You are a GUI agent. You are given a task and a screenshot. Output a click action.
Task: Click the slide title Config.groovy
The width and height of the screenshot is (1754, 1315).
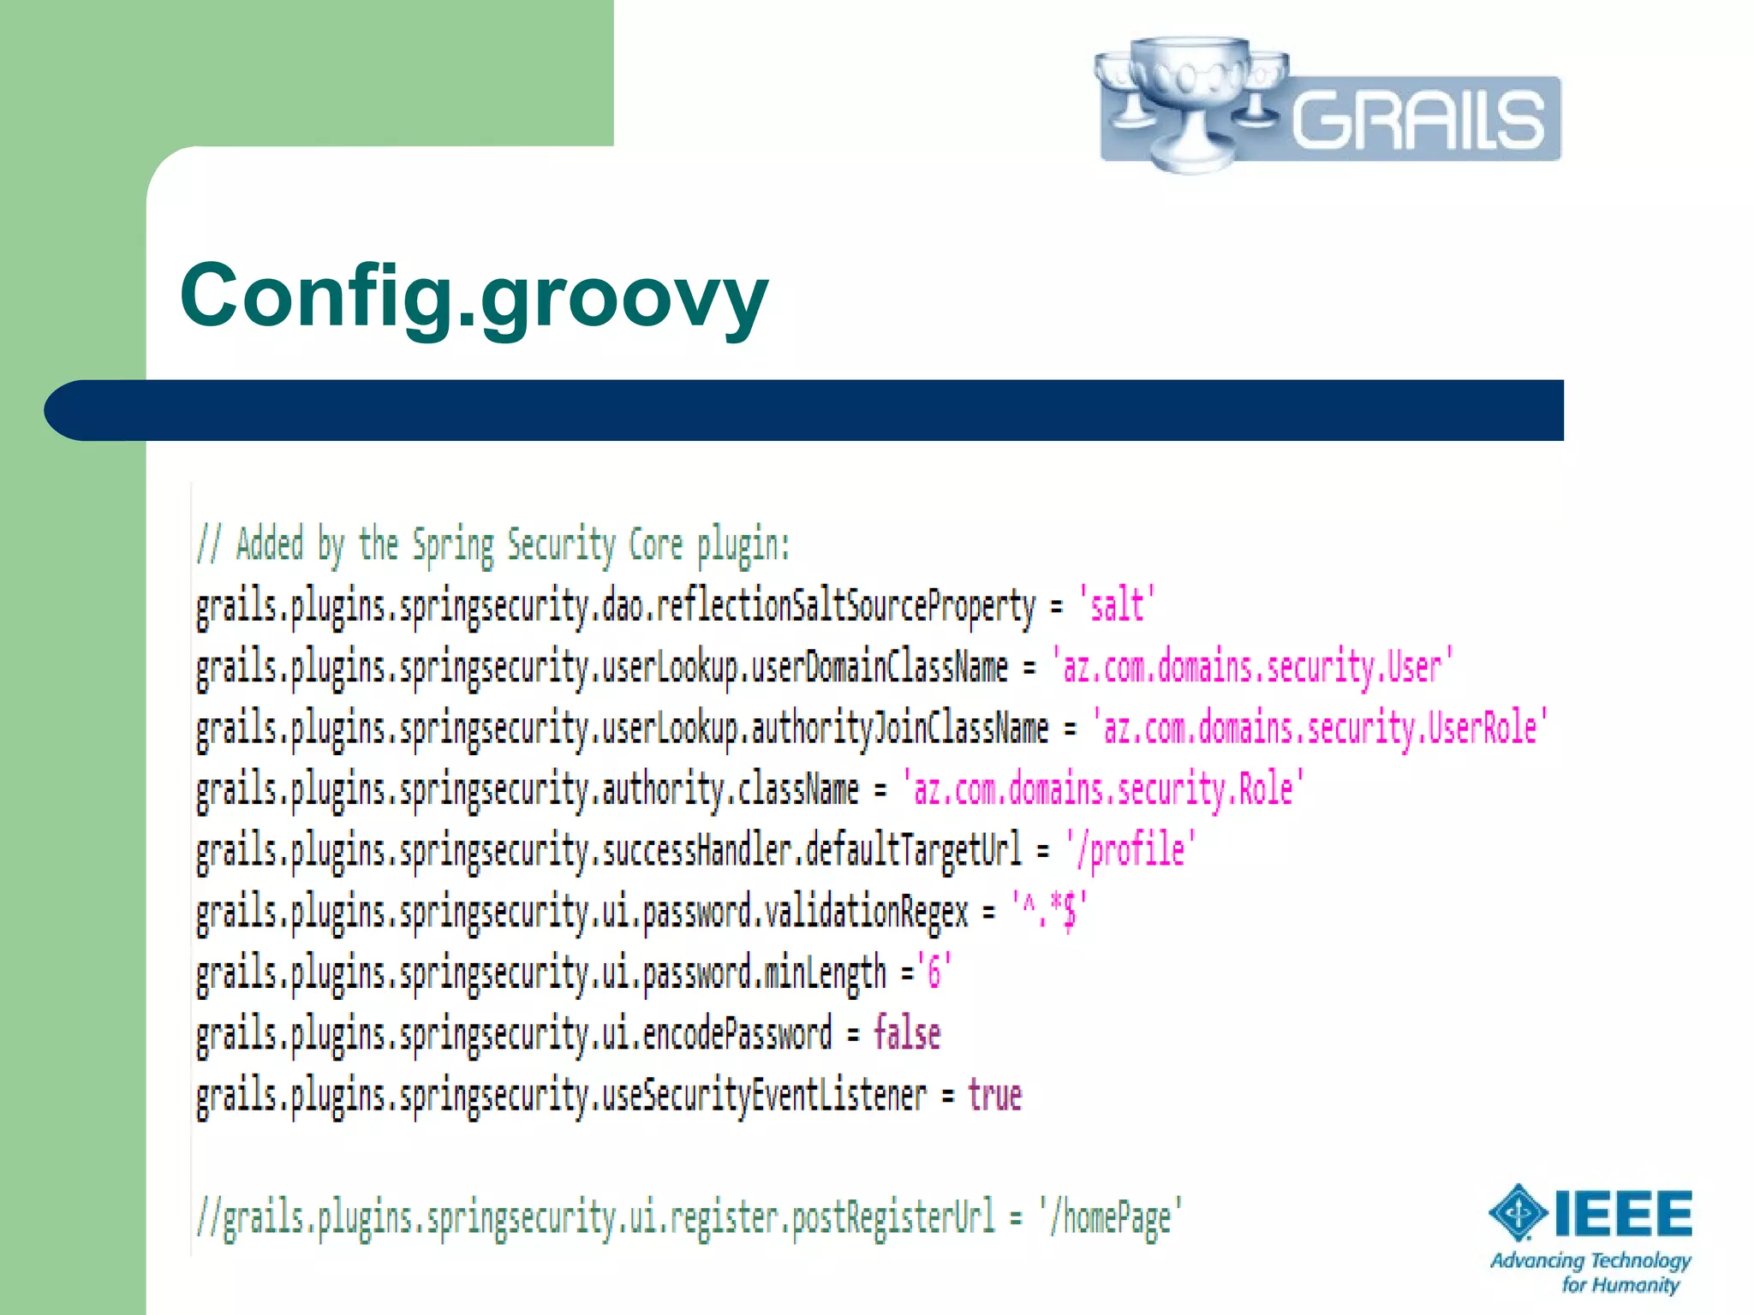click(474, 295)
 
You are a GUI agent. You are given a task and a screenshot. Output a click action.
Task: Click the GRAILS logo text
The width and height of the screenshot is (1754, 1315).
click(1417, 121)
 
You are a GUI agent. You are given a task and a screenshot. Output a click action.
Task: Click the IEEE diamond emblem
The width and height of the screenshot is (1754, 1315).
click(1518, 1212)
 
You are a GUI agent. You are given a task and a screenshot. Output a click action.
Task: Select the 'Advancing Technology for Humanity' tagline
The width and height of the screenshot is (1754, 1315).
click(1591, 1272)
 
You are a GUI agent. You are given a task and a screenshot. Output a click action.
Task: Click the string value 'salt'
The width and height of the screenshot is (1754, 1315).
click(1117, 605)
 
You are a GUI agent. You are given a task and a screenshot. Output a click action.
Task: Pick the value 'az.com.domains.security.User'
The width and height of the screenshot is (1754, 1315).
click(1252, 667)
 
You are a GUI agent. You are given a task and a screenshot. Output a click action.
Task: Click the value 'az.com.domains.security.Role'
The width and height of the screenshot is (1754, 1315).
click(1103, 788)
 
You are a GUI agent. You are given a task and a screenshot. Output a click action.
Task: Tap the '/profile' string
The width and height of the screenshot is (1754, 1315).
click(1131, 850)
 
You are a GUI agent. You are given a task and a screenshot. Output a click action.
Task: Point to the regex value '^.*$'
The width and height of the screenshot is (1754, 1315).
click(1050, 911)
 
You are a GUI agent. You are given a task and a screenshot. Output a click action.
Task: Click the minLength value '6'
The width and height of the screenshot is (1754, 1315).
click(934, 973)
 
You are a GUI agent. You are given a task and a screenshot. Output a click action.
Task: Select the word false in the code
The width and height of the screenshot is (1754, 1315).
click(906, 1034)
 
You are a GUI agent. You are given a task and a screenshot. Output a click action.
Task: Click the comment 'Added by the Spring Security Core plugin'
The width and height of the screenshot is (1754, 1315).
click(493, 545)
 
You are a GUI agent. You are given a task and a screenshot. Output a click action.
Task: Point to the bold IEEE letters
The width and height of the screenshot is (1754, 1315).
click(1623, 1214)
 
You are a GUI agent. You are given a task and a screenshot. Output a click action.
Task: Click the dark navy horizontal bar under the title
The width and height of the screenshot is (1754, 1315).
click(803, 410)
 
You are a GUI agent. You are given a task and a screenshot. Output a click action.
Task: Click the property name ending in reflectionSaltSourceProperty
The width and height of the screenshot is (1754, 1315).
click(615, 606)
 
